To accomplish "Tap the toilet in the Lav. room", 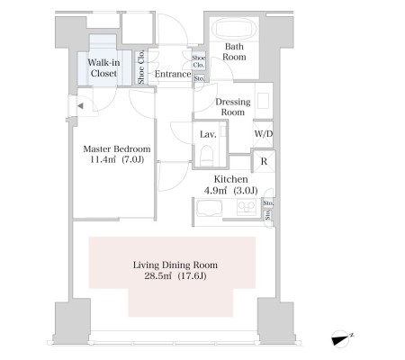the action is [x=207, y=155].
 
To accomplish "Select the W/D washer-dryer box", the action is [x=263, y=134].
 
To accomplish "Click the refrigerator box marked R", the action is [x=264, y=161].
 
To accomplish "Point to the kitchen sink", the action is [x=209, y=208].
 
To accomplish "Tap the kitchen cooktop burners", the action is [x=247, y=207].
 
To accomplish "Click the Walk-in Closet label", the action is [x=103, y=67].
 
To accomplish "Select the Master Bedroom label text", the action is [x=117, y=148].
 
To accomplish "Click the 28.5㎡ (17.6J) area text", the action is [x=175, y=275].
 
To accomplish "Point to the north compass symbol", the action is [x=342, y=338].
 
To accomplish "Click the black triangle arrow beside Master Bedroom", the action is [x=80, y=105].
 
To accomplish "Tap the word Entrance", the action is [x=173, y=74].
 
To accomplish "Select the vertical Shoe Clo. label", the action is [x=141, y=67].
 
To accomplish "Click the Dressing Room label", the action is [x=233, y=107].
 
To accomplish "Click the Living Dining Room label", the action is [x=175, y=265].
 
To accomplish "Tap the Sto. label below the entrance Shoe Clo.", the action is [x=199, y=78].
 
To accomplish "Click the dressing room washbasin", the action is [x=264, y=101].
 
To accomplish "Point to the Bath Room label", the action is [x=234, y=51].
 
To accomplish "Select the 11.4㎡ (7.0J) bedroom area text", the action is [x=117, y=159].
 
